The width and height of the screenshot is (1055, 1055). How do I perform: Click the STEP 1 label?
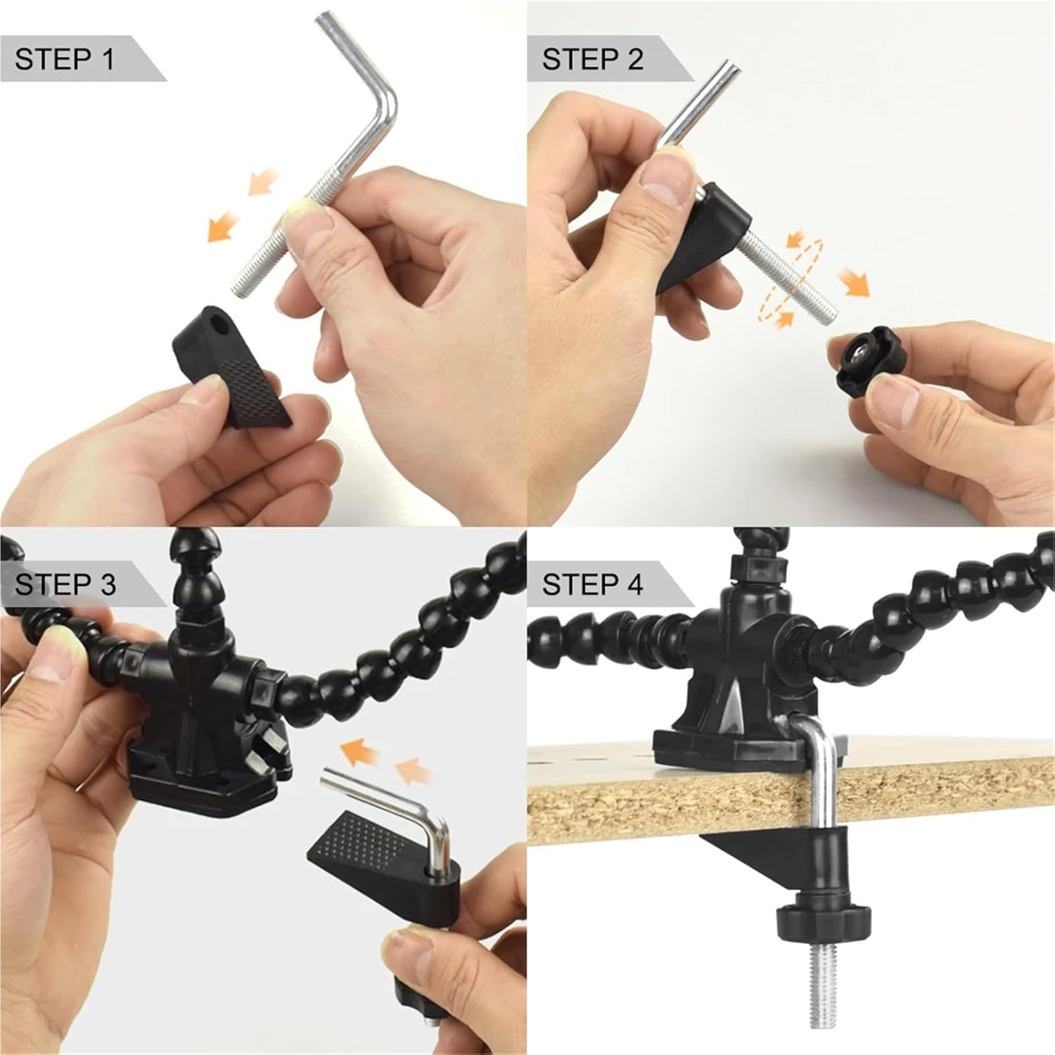(x=65, y=59)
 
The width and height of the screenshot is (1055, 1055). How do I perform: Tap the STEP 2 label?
(x=592, y=59)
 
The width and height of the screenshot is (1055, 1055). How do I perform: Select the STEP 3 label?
(x=65, y=584)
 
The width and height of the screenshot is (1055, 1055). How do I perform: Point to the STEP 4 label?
(x=592, y=584)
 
